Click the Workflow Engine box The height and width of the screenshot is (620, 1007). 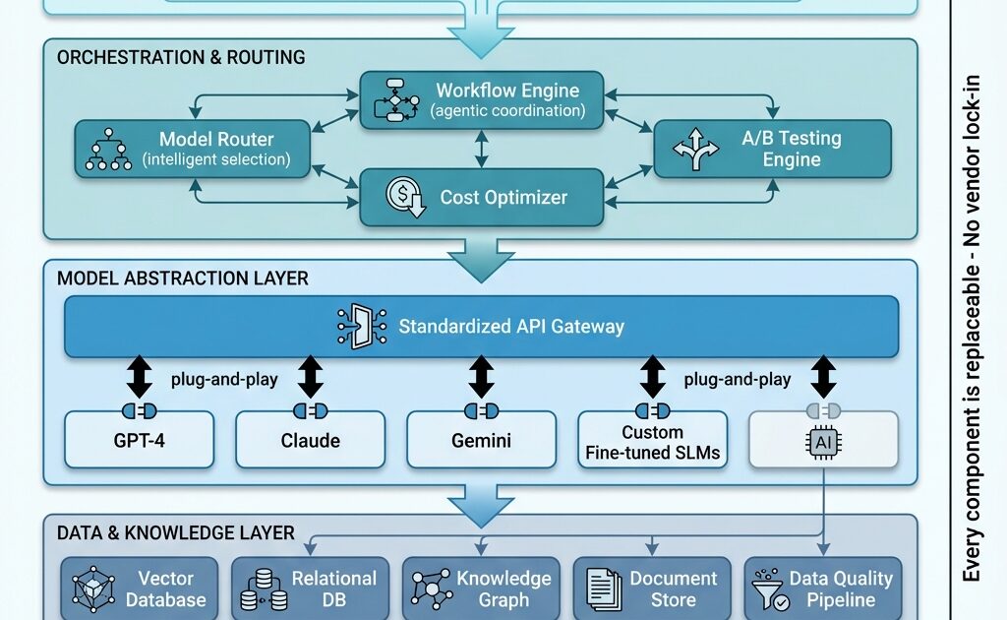(481, 99)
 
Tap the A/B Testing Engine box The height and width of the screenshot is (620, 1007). (772, 149)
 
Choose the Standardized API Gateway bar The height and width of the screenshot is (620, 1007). (481, 326)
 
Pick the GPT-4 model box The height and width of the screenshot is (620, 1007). (139, 440)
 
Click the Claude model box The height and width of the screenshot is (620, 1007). (310, 440)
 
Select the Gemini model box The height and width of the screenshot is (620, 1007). (481, 440)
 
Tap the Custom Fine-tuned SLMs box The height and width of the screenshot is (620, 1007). (652, 440)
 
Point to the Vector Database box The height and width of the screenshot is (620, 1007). (140, 589)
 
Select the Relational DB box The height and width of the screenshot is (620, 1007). (310, 589)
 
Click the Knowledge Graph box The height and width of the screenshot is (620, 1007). (481, 589)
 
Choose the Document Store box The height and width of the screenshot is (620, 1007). (652, 589)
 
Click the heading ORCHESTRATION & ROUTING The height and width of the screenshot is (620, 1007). (181, 57)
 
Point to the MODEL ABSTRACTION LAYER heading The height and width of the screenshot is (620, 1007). (182, 279)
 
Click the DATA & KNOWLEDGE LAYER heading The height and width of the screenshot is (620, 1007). (175, 532)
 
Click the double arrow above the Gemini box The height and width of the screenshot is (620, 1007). (481, 377)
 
